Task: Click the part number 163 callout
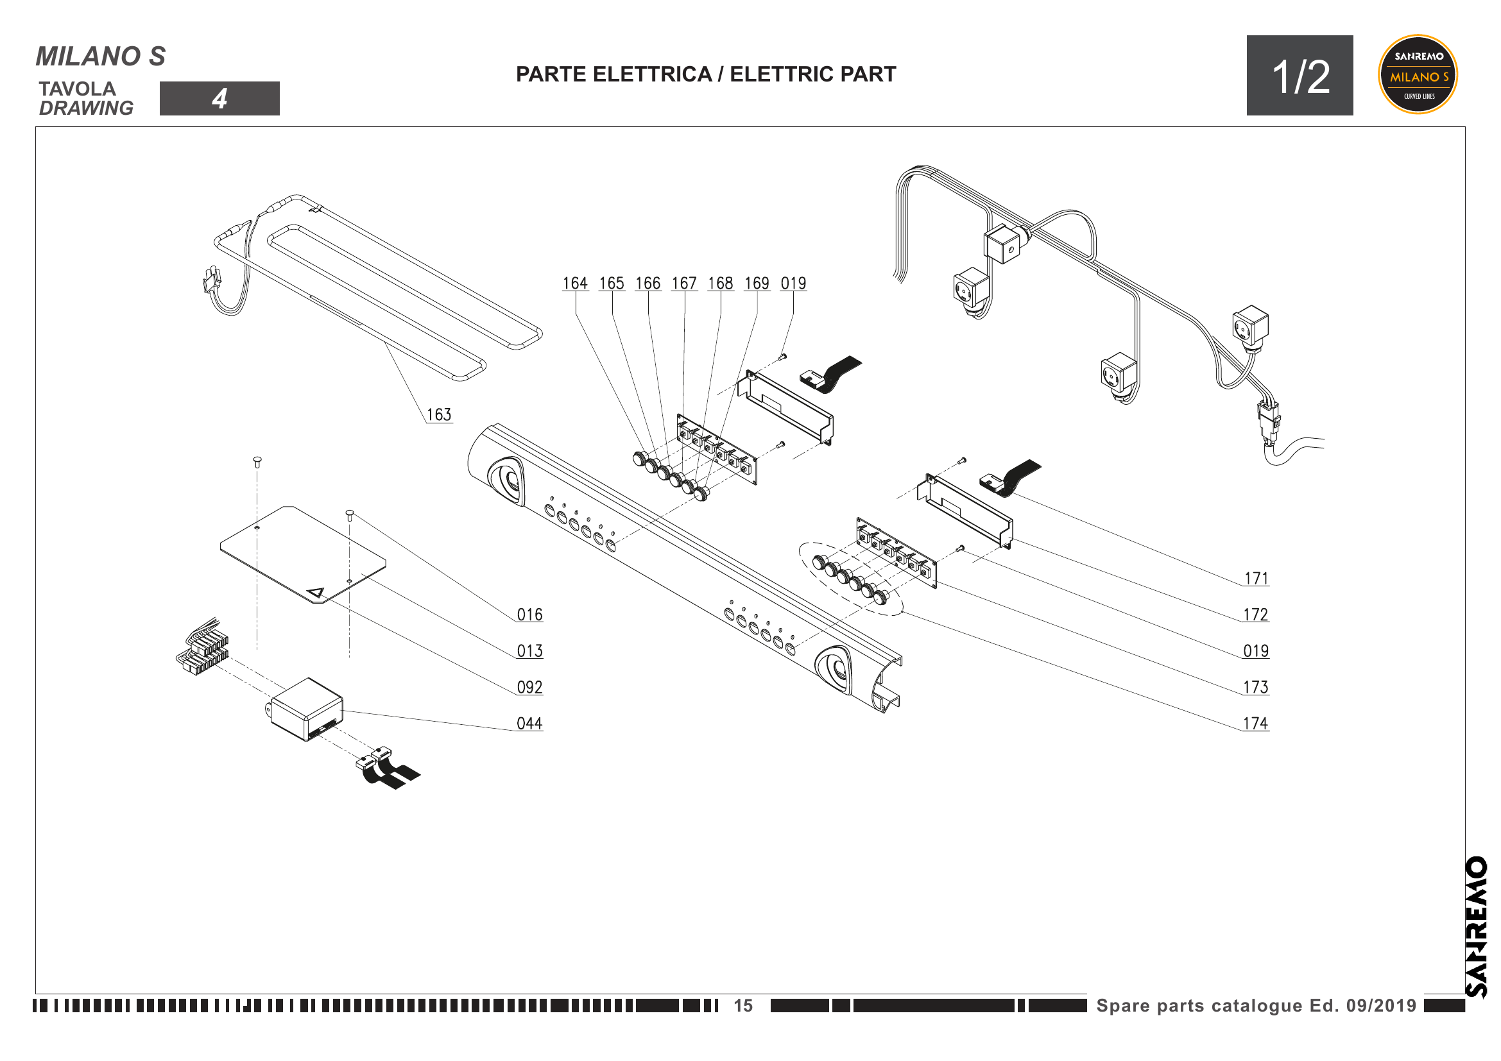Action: [x=439, y=415]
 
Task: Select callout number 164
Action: [x=575, y=284]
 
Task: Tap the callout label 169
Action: [x=757, y=284]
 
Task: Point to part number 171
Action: [x=1256, y=579]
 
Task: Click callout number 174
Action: [x=1255, y=724]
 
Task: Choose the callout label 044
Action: [x=529, y=724]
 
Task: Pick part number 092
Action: [x=529, y=687]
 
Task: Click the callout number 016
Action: [x=529, y=615]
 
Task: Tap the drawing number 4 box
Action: [x=219, y=99]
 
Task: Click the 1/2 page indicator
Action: [x=1299, y=76]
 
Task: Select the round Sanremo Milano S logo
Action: [x=1418, y=74]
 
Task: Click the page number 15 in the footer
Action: [x=742, y=1005]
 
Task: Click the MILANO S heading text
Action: [x=101, y=57]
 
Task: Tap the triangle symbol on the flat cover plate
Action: [x=316, y=593]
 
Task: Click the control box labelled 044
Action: [x=307, y=709]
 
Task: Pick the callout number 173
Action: [x=1255, y=687]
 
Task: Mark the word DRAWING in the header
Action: [x=86, y=108]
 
